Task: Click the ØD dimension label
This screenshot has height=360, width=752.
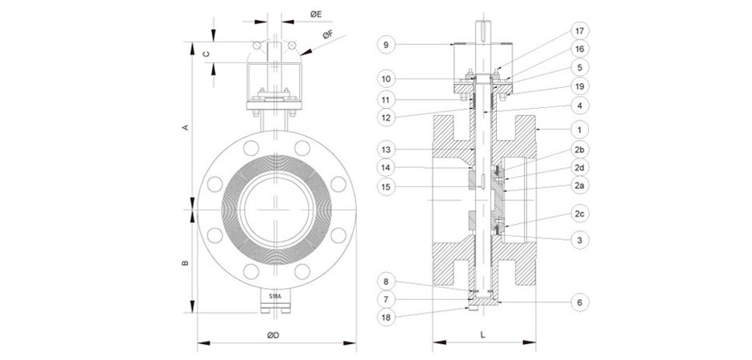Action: [x=272, y=336]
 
